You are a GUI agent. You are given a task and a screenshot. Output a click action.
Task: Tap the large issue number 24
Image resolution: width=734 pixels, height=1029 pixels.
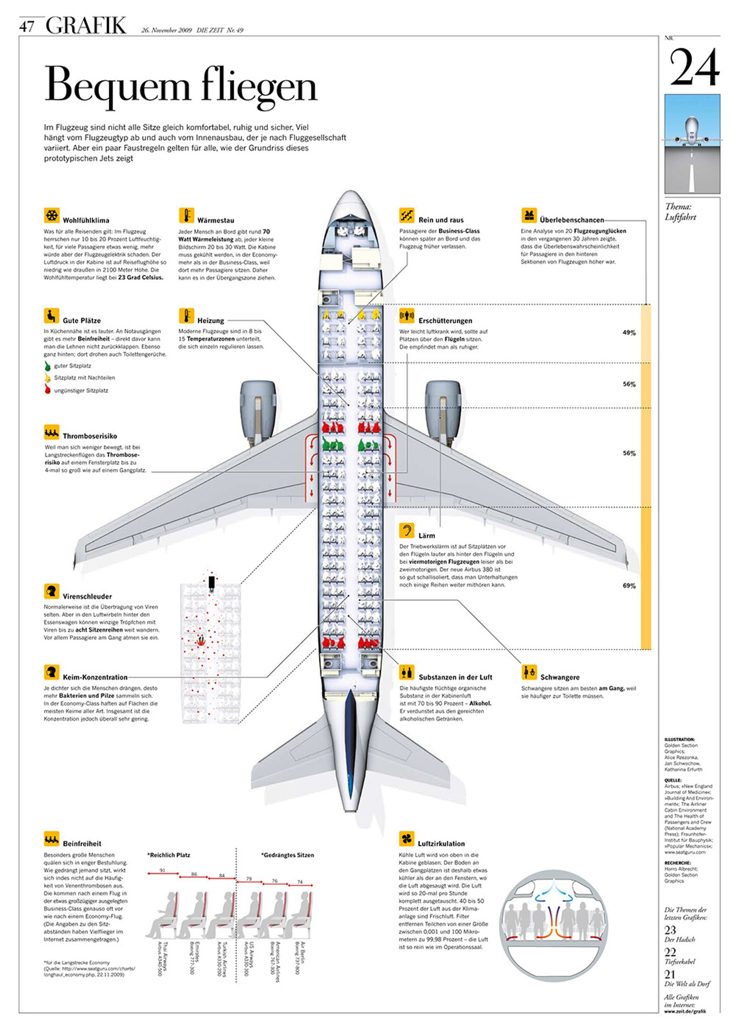(694, 68)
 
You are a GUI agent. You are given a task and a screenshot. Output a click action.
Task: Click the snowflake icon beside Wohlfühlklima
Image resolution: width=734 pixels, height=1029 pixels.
(51, 215)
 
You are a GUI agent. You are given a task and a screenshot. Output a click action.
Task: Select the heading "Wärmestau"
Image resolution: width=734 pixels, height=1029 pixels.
(215, 220)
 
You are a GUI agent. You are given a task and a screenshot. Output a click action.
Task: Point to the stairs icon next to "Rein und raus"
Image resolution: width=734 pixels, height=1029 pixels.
(407, 215)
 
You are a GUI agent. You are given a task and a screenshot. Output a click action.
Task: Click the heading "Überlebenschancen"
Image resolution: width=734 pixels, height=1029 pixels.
(572, 220)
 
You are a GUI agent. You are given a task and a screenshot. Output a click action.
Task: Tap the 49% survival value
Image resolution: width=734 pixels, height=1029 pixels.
(629, 333)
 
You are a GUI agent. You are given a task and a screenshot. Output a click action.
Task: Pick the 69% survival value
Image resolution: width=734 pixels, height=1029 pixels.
(629, 586)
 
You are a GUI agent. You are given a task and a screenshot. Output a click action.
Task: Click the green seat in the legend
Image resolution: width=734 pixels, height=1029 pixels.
(47, 366)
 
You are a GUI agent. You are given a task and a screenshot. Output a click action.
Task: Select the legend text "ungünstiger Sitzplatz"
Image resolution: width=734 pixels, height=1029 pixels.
(81, 390)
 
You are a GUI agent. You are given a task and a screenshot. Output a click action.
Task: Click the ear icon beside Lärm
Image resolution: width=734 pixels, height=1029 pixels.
(407, 530)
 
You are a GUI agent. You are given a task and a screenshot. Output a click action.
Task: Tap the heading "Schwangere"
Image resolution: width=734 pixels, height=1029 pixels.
(559, 677)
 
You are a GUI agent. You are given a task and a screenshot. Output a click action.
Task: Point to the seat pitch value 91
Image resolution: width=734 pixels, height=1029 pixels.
(162, 870)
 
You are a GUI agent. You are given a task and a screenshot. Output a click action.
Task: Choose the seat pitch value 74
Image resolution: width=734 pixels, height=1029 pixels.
(300, 882)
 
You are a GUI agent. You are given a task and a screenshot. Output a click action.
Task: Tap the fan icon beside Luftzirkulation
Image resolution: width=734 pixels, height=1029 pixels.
(407, 839)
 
